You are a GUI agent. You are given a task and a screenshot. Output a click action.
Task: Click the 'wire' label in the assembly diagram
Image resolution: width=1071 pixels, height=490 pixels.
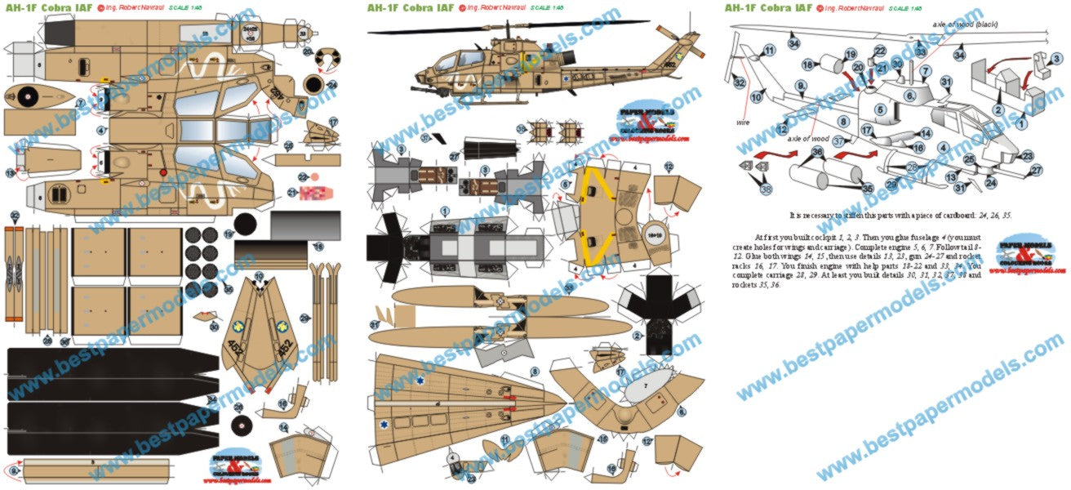click(742, 122)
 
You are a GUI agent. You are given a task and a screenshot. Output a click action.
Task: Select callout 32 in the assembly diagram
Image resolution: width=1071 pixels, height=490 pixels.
click(740, 82)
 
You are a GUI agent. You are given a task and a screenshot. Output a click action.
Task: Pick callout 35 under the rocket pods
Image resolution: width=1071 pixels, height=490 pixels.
click(867, 189)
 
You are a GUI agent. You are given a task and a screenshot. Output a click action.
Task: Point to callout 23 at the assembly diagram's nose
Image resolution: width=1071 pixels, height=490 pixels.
click(1028, 156)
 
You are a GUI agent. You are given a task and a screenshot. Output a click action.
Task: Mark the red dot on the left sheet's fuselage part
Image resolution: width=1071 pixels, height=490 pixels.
click(163, 172)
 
